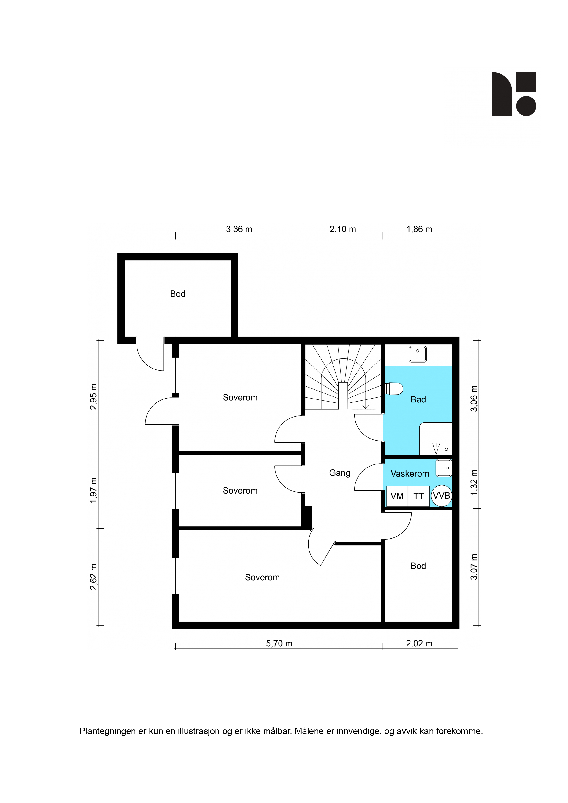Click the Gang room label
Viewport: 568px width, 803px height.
pyautogui.click(x=339, y=473)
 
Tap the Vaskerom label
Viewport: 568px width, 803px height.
pyautogui.click(x=410, y=474)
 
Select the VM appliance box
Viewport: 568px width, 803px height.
pyautogui.click(x=397, y=496)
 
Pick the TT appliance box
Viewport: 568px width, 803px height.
pyautogui.click(x=419, y=496)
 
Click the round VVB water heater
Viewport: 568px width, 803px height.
pyautogui.click(x=441, y=496)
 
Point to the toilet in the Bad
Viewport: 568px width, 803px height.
pyautogui.click(x=394, y=388)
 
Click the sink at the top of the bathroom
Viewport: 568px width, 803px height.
pyautogui.click(x=418, y=354)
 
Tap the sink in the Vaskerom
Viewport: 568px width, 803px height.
pyautogui.click(x=444, y=468)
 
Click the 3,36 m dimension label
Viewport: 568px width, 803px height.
pyautogui.click(x=239, y=229)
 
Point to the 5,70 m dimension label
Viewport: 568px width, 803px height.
pyautogui.click(x=279, y=643)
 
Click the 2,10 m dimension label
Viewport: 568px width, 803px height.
pyautogui.click(x=343, y=229)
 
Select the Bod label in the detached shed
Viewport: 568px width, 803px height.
pyautogui.click(x=177, y=294)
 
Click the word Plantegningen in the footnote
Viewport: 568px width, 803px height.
pyautogui.click(x=107, y=731)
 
